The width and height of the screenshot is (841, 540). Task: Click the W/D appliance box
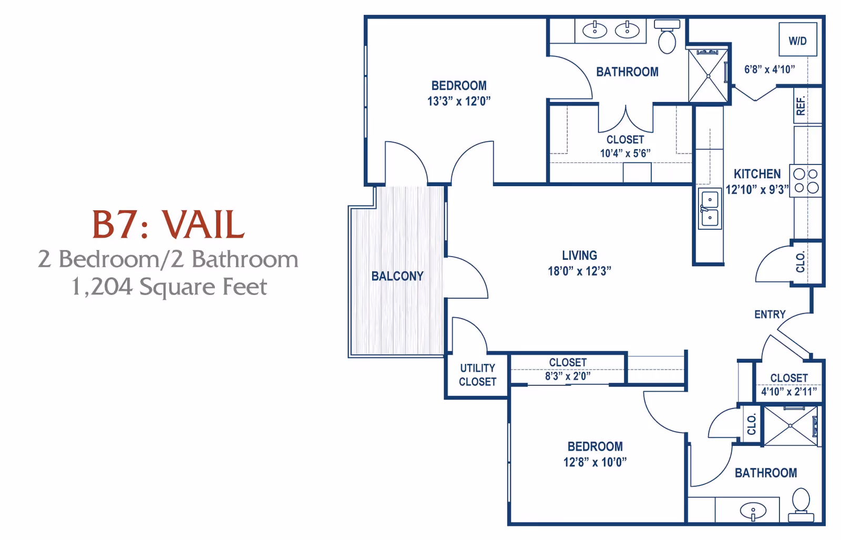797,40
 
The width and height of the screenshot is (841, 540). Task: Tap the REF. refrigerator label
801,106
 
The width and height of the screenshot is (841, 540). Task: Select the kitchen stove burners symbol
806,180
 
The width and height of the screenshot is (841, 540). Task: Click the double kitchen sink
710,209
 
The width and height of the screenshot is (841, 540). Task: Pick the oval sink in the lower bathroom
753,511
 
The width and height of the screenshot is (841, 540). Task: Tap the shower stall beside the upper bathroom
708,76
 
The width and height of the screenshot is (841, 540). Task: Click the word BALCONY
397,276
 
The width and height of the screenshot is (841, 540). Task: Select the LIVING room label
579,256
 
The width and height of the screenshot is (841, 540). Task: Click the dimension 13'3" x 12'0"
459,101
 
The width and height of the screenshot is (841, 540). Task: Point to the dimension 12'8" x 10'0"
595,462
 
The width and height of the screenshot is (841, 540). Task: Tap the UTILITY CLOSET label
477,375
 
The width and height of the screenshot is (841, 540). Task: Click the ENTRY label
770,314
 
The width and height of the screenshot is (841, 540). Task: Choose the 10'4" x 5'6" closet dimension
625,154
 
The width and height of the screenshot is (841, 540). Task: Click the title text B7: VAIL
168,225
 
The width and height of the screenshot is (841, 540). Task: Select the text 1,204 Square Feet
169,287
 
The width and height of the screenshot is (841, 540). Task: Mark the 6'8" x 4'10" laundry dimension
769,69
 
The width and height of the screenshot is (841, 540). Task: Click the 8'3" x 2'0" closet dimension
568,376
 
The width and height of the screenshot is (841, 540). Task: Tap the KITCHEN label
757,174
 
